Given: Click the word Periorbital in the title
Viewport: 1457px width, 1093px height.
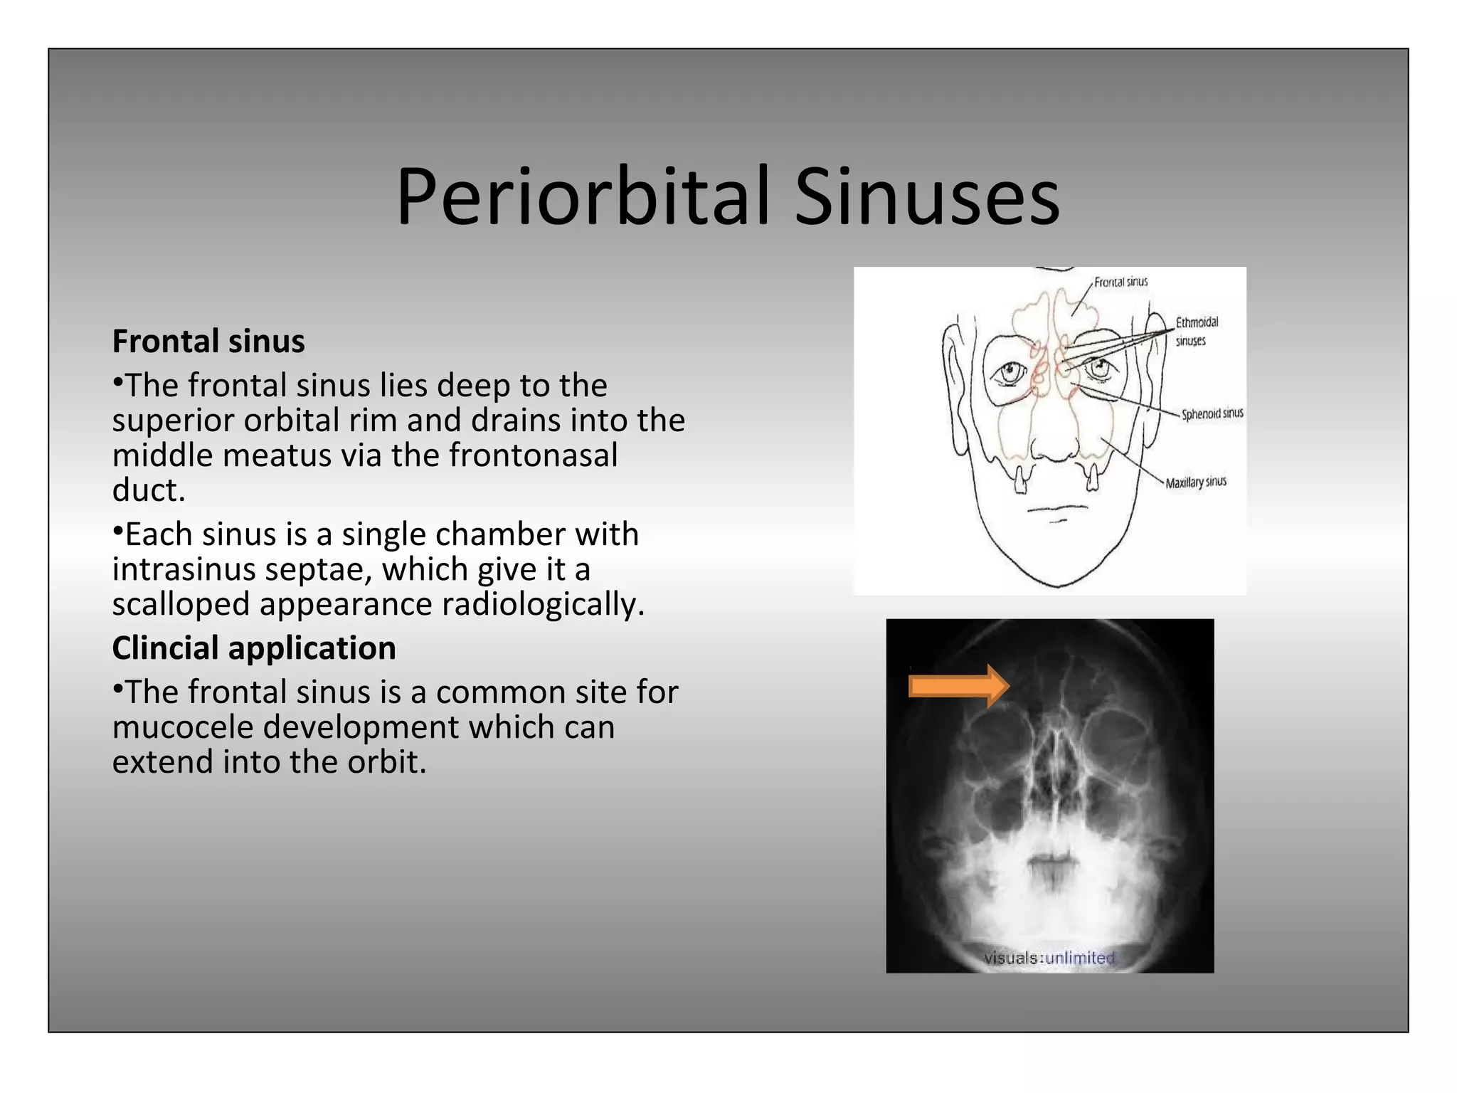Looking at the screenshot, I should [x=583, y=196].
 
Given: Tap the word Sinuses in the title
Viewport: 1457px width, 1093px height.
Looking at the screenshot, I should [x=926, y=196].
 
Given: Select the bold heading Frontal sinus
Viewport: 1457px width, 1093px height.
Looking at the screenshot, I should [x=208, y=342].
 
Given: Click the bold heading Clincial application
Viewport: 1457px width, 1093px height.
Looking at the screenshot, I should [x=254, y=648].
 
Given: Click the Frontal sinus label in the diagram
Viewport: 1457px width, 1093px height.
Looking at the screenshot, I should [x=1120, y=283].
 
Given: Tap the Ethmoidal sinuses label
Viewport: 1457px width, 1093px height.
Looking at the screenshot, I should [x=1196, y=331].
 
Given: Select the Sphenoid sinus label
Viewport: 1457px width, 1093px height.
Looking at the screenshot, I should [x=1212, y=413].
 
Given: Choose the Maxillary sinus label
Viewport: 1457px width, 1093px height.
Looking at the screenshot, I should [x=1196, y=482].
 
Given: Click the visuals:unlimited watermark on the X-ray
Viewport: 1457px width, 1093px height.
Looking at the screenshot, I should [x=1049, y=958].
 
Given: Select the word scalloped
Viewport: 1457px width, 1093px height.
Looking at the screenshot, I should [x=181, y=605].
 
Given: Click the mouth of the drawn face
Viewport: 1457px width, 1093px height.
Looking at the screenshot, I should [x=1057, y=509].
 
